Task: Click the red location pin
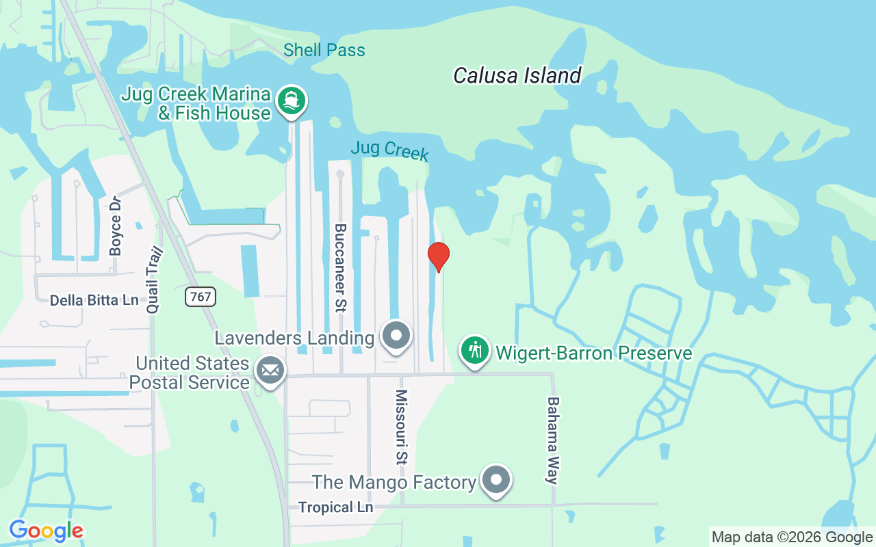[x=439, y=256]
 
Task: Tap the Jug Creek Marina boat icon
[x=292, y=101]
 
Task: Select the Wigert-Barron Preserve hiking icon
[x=475, y=351]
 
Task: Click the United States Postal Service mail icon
[x=270, y=371]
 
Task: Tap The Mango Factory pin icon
[x=495, y=481]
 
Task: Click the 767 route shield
[x=201, y=296]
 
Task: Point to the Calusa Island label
[x=517, y=75]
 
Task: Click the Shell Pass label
[x=324, y=50]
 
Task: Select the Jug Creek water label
[x=389, y=150]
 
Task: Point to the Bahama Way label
[x=553, y=440]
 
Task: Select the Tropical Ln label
[x=336, y=507]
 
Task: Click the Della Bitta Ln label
[x=94, y=300]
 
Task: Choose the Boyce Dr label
[x=116, y=226]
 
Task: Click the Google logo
[x=46, y=531]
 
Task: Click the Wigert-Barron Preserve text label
[x=594, y=353]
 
